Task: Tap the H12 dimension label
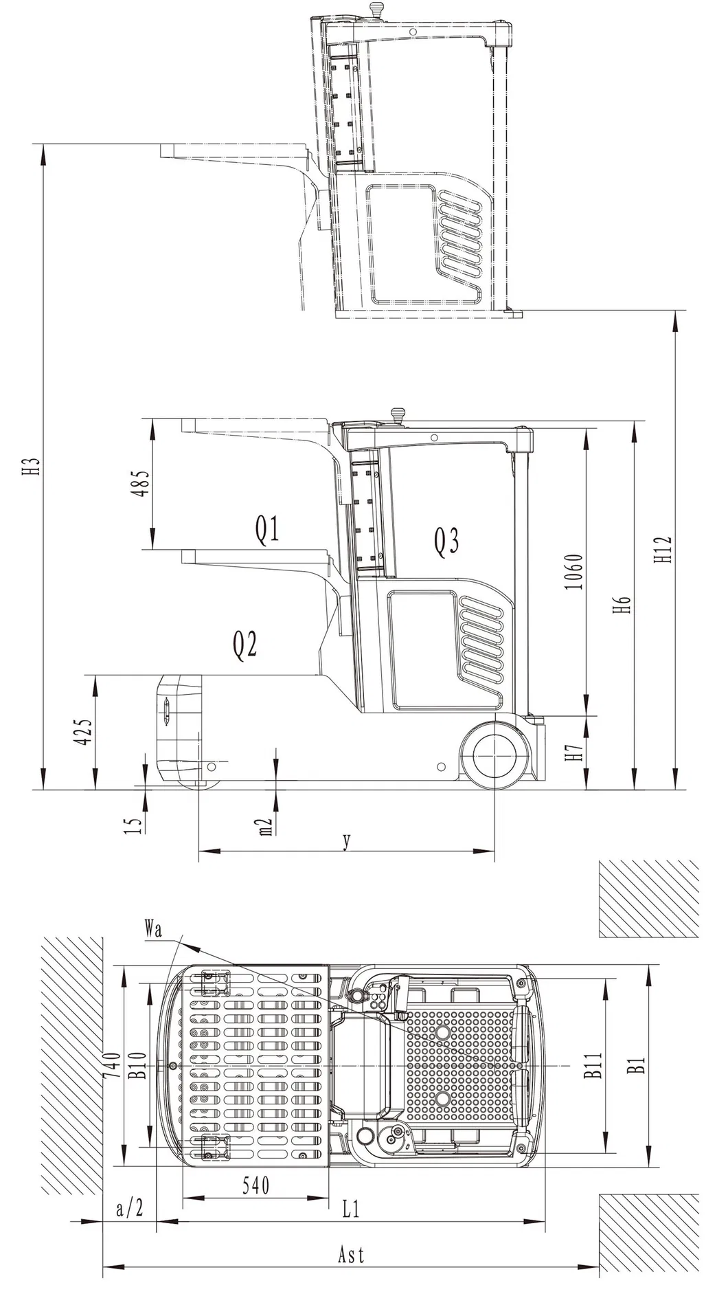click(x=662, y=550)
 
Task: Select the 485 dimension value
click(x=142, y=484)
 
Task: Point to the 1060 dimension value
click(x=576, y=572)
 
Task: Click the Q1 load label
click(x=268, y=529)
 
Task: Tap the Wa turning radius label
click(x=153, y=929)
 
